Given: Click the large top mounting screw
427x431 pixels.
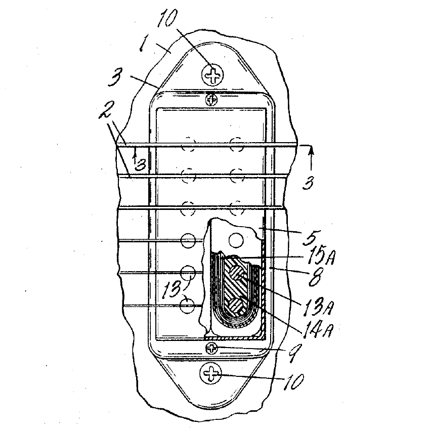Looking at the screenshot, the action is click(212, 75).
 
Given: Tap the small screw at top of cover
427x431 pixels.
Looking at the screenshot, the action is click(211, 99).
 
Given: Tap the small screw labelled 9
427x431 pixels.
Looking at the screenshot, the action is click(211, 349).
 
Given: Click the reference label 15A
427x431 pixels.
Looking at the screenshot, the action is click(319, 256).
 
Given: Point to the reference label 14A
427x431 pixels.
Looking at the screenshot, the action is click(318, 330).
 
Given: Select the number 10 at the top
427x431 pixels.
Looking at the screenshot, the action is click(167, 18).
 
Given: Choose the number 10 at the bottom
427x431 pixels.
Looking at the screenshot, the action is click(293, 381).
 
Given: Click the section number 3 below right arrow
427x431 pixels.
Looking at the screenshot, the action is click(308, 182).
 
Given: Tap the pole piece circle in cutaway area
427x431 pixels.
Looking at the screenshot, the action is click(236, 240).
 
